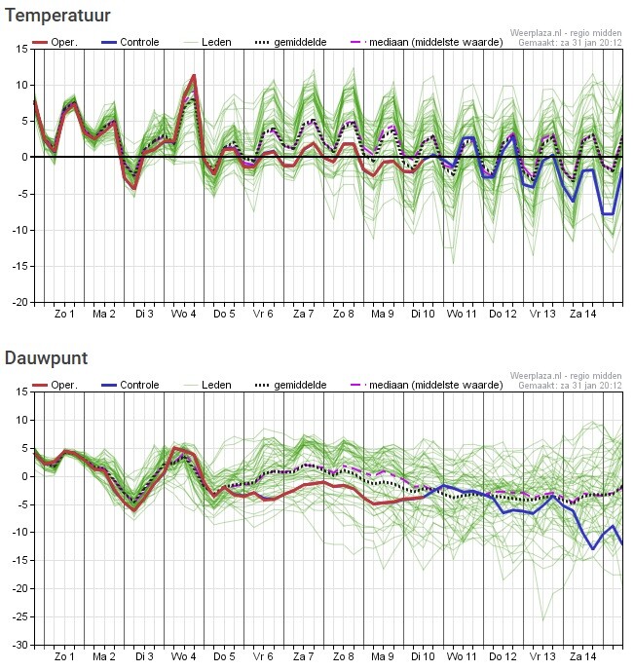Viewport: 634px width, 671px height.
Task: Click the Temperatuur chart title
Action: [x=57, y=16]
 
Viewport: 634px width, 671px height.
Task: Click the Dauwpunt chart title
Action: [x=46, y=358]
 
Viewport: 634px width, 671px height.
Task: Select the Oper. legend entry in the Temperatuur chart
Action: [x=56, y=42]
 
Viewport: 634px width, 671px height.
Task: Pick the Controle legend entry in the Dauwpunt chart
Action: [x=131, y=385]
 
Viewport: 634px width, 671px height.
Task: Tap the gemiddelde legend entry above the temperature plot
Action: [x=291, y=42]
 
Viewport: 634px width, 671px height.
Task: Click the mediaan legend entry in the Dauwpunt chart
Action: [x=427, y=385]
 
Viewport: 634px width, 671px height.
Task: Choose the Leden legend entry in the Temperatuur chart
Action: [x=207, y=42]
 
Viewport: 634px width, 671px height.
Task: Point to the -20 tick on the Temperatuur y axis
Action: [x=19, y=302]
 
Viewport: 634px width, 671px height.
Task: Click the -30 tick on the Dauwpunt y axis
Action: [x=19, y=645]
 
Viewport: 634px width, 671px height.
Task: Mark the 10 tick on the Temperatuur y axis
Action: [x=22, y=85]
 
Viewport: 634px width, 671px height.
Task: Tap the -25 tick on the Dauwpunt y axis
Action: [x=19, y=616]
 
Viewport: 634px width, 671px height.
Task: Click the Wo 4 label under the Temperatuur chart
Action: [x=183, y=314]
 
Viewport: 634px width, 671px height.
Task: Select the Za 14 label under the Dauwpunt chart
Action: [x=583, y=656]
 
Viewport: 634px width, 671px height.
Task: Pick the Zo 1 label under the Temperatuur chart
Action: [x=64, y=314]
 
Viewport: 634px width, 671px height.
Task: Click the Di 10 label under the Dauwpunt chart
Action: [x=423, y=656]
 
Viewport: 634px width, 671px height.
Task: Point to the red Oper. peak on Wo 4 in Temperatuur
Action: [x=194, y=76]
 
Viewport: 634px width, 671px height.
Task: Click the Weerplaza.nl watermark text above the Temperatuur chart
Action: [x=566, y=33]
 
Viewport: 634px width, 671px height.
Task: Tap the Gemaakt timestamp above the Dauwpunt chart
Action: [x=570, y=385]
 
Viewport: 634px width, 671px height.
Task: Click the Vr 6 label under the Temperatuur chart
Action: [x=263, y=314]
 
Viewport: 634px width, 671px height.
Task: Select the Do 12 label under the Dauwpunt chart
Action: [x=503, y=656]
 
